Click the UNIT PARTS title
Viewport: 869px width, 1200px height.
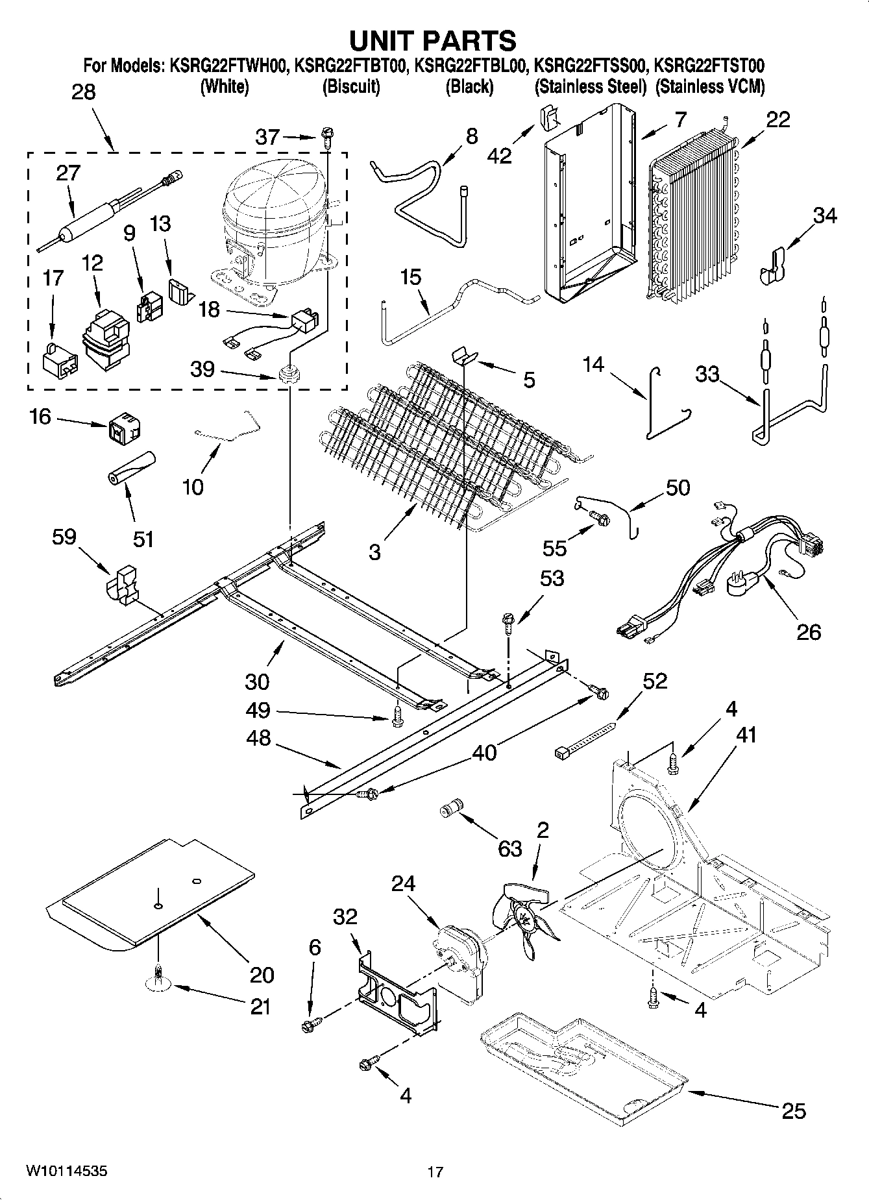433,40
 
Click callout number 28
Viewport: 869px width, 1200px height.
83,92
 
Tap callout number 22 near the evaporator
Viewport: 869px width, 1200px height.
778,119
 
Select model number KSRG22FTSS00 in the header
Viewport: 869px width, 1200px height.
590,66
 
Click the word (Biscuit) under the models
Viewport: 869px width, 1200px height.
351,86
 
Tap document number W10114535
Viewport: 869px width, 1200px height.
67,1171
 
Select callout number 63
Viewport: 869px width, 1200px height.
509,848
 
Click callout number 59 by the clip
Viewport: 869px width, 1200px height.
64,537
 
